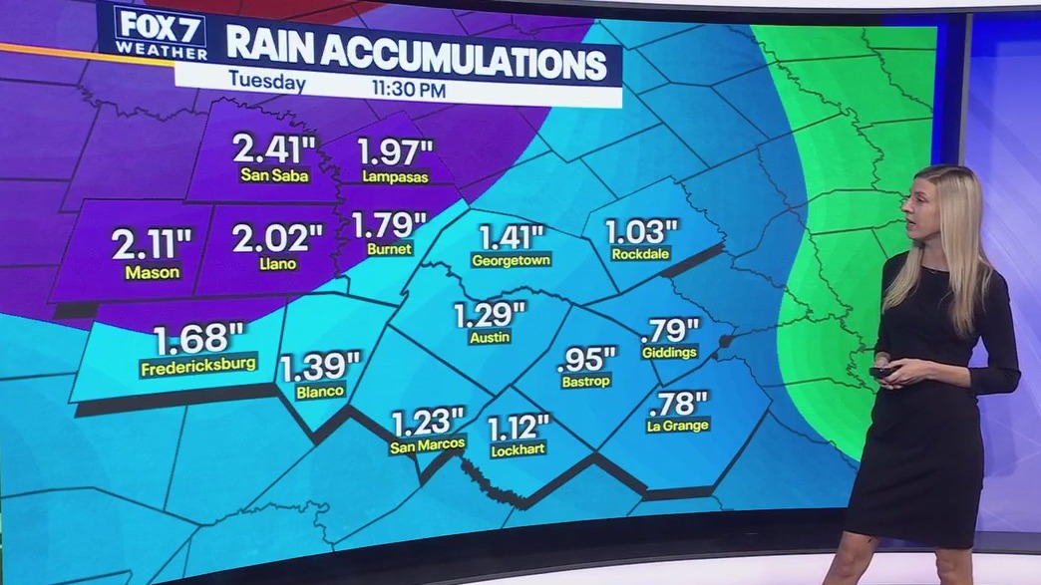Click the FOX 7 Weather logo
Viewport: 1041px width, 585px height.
pos(160,32)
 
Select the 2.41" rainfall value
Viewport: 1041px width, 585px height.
pos(274,149)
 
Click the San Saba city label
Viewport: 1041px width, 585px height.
pos(274,175)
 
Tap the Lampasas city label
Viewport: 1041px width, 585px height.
pos(396,177)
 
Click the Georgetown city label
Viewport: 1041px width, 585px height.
pos(512,260)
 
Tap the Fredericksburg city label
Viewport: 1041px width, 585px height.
pos(199,364)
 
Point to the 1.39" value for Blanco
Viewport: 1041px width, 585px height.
pos(319,367)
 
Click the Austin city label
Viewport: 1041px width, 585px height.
pos(490,338)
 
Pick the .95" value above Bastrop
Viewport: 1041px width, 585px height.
pos(587,357)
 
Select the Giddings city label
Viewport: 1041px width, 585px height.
pos(670,353)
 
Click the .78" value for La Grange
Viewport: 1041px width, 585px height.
pos(678,403)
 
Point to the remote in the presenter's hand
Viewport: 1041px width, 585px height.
pos(883,372)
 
